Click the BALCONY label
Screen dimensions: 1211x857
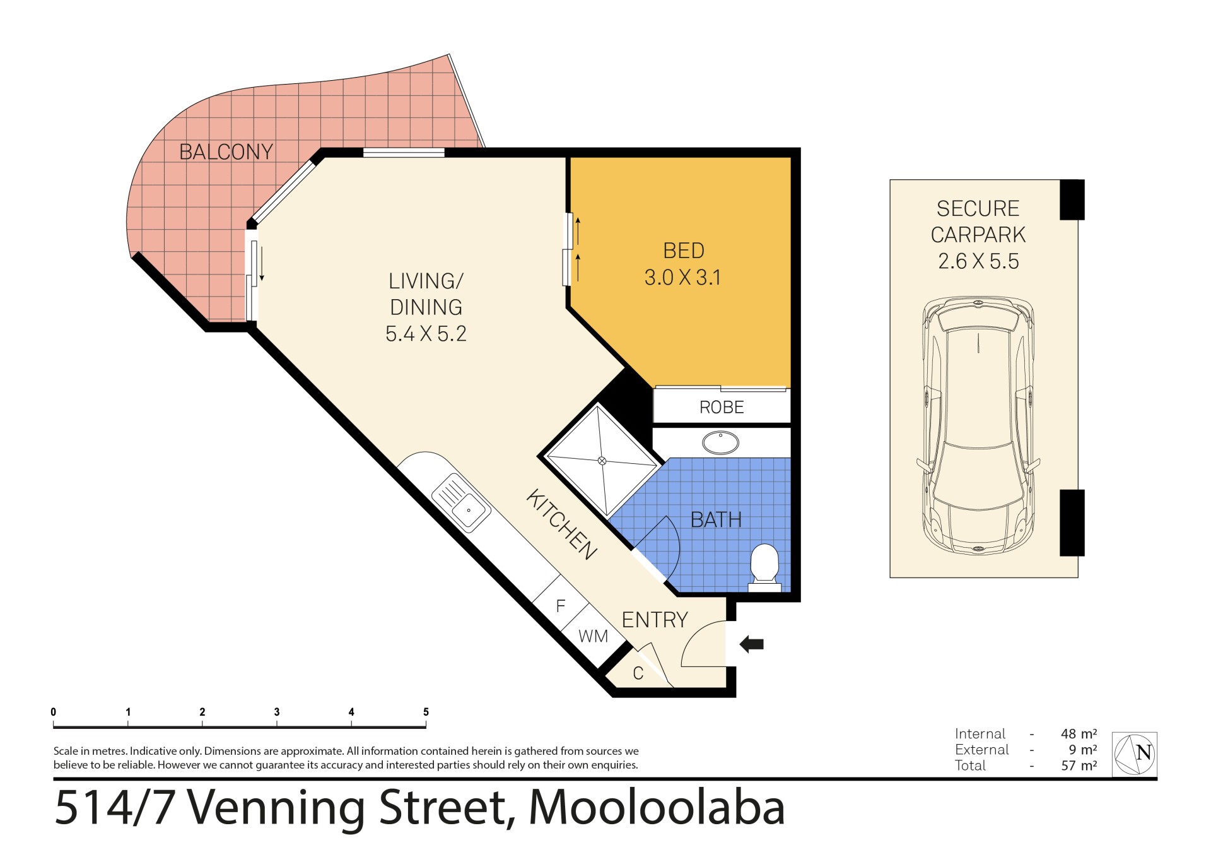tap(226, 152)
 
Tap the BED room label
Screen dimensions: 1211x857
tap(684, 251)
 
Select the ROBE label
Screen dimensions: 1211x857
tap(722, 408)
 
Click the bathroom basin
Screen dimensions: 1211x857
tap(720, 442)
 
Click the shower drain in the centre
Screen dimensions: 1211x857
tap(602, 461)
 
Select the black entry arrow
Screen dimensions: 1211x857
tap(752, 644)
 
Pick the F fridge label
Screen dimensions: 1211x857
tap(561, 606)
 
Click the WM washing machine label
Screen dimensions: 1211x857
tap(594, 636)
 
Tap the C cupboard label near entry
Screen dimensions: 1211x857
tap(638, 673)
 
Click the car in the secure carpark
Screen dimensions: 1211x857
tap(978, 425)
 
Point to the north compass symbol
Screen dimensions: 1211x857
tap(1134, 754)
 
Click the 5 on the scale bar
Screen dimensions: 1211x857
tap(426, 712)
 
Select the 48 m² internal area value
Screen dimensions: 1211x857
tap(1079, 734)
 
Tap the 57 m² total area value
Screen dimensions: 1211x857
tap(1079, 765)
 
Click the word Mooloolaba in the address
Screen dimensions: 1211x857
tap(657, 807)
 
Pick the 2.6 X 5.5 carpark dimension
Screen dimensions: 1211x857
tap(978, 261)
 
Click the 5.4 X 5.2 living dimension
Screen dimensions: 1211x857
tap(426, 334)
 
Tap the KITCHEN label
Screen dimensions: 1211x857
tap(561, 524)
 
